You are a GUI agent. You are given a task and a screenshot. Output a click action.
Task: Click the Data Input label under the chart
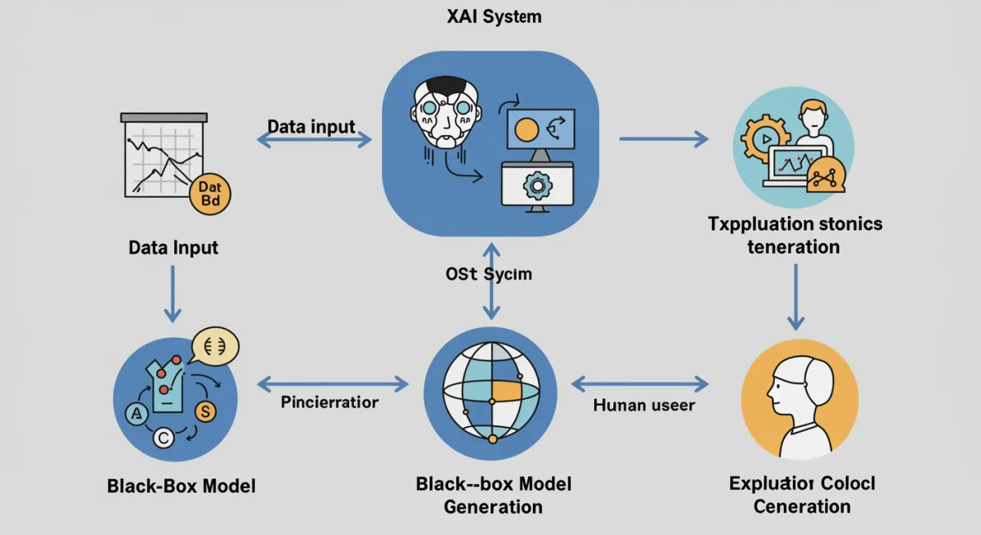pyautogui.click(x=173, y=247)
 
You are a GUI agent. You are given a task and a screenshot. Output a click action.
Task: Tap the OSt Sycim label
pyautogui.click(x=489, y=274)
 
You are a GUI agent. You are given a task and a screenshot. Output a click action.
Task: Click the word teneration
pyautogui.click(x=793, y=246)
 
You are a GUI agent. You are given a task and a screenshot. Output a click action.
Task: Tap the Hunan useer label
pyautogui.click(x=643, y=404)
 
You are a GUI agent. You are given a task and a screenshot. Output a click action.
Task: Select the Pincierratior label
pyautogui.click(x=329, y=402)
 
